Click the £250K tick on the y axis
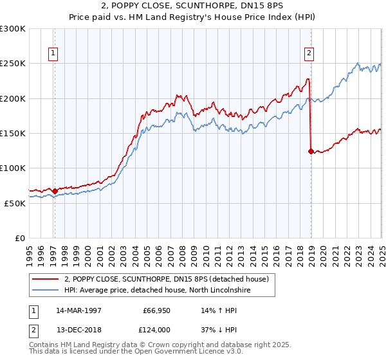pos(13,64)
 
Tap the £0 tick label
pos(20,238)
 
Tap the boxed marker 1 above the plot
pos(53,53)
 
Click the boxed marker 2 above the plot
pos(309,53)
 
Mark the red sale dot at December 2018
pos(311,152)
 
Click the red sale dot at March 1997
pos(55,191)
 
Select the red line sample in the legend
pos(46,279)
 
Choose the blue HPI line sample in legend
pos(46,290)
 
